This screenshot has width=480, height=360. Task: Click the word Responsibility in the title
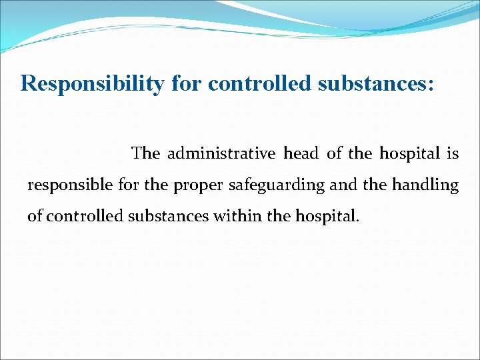tap(91, 84)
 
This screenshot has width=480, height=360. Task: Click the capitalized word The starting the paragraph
tap(146, 154)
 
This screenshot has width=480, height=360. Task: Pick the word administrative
tap(221, 154)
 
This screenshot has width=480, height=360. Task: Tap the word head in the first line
tap(301, 154)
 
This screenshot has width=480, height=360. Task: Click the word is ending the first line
tap(453, 154)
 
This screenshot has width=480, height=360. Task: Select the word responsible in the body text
tap(69, 185)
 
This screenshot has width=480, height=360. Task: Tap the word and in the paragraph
tap(343, 185)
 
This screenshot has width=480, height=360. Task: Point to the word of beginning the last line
tap(34, 217)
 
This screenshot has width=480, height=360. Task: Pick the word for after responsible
tap(128, 185)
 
